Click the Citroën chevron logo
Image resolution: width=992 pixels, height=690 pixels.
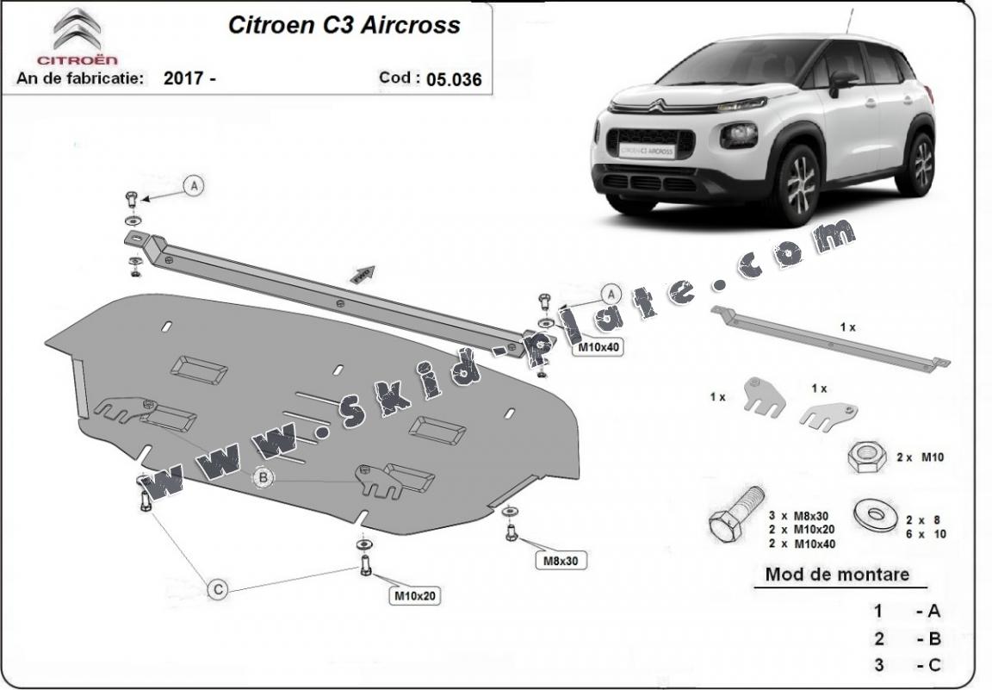coord(77,30)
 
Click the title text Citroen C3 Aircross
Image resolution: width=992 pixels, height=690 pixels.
coord(344,25)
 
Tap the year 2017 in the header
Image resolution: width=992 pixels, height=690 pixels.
coord(183,78)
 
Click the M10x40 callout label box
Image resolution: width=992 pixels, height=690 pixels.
coord(598,347)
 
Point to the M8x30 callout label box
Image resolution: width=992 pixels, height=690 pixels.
coord(560,561)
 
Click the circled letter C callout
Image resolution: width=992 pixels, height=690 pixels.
coord(219,589)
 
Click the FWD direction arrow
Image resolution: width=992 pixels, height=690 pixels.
coord(363,273)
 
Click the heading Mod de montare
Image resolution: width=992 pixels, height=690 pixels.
coord(837,575)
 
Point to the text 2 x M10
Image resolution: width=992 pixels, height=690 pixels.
coord(920,457)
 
